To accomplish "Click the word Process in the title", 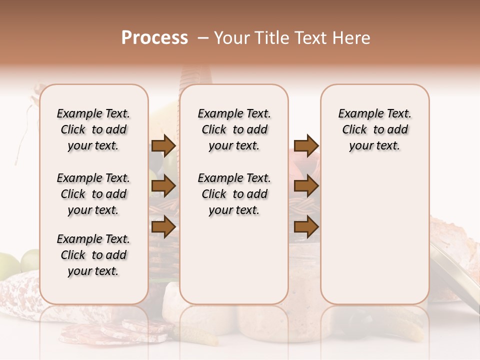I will pyautogui.click(x=154, y=38).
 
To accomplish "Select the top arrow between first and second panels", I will pyautogui.click(x=163, y=145).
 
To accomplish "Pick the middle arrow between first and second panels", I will pyautogui.click(x=163, y=186).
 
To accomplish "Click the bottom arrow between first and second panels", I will pyautogui.click(x=163, y=227).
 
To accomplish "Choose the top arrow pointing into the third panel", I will pyautogui.click(x=306, y=145).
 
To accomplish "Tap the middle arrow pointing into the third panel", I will pyautogui.click(x=306, y=186).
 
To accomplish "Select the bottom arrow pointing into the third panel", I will pyautogui.click(x=306, y=227).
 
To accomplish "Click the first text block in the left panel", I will pyautogui.click(x=93, y=129).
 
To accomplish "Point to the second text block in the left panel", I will pyautogui.click(x=93, y=194).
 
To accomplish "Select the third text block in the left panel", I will pyautogui.click(x=93, y=255).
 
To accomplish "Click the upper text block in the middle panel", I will pyautogui.click(x=234, y=129).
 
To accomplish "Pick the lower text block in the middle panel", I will pyautogui.click(x=234, y=194).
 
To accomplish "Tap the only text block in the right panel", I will pyautogui.click(x=374, y=129).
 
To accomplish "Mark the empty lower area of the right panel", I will pyautogui.click(x=374, y=240).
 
